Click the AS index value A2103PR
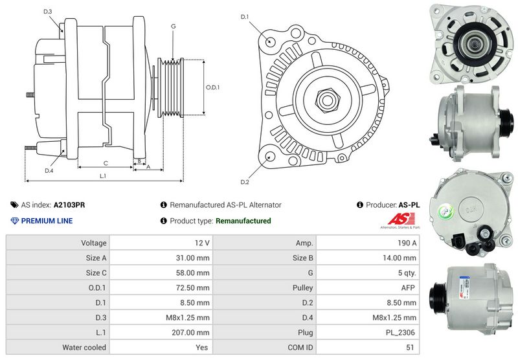(69, 205)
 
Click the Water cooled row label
(84, 348)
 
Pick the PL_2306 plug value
(400, 333)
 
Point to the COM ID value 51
(410, 348)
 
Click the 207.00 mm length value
(190, 333)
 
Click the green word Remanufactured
(243, 221)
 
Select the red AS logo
(400, 219)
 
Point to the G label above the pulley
(174, 26)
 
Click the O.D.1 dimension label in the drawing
(213, 87)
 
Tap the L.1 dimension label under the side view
(103, 176)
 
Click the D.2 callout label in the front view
(245, 182)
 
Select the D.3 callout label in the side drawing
(48, 11)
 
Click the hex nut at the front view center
(327, 100)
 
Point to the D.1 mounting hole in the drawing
(269, 41)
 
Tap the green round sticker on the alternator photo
(446, 211)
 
